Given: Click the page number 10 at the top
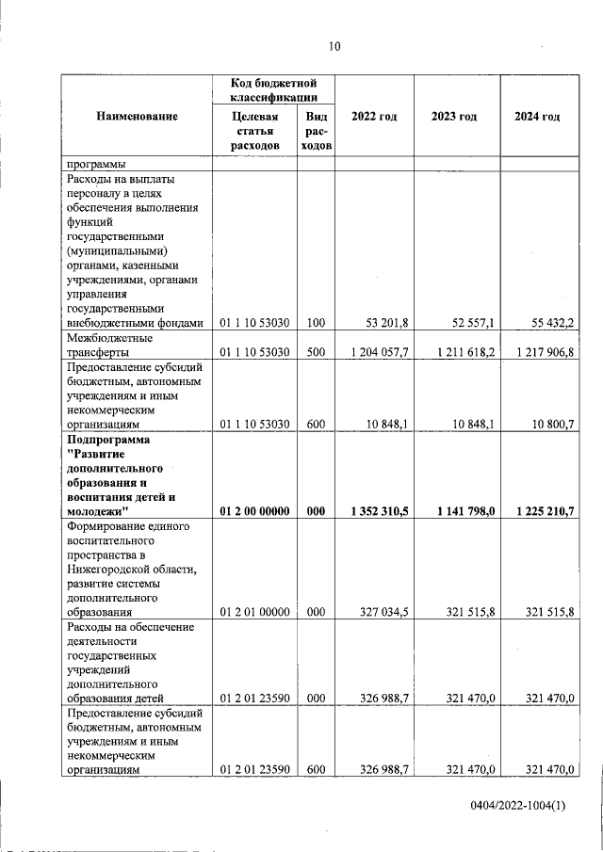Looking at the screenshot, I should pyautogui.click(x=334, y=46).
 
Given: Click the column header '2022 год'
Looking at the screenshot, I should pyautogui.click(x=374, y=117).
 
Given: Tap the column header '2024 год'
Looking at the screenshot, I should pyautogui.click(x=537, y=117).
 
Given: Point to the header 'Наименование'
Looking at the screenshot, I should pyautogui.click(x=137, y=117).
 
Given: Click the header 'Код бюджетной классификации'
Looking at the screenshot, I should pyautogui.click(x=273, y=91).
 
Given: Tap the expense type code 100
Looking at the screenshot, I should pyautogui.click(x=316, y=324).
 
